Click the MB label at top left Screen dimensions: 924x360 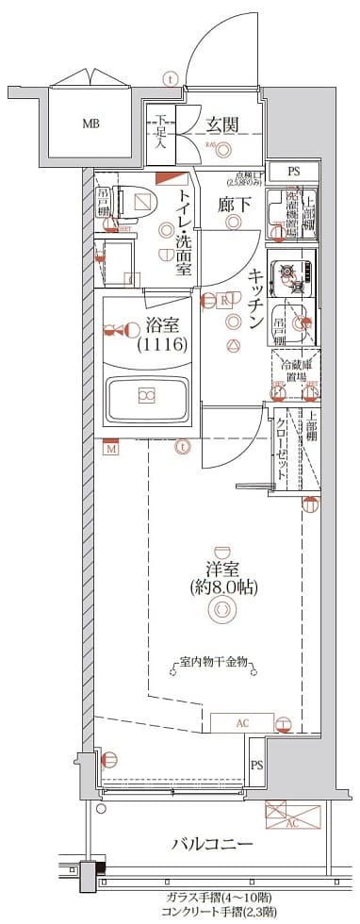click(90, 124)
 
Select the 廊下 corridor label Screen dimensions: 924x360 click(233, 206)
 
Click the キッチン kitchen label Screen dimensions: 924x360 click(255, 298)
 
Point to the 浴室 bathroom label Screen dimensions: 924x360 click(167, 326)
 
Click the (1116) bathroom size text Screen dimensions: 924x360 click(167, 346)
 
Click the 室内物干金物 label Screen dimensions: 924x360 click(214, 663)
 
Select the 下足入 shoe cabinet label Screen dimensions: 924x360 click(161, 133)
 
